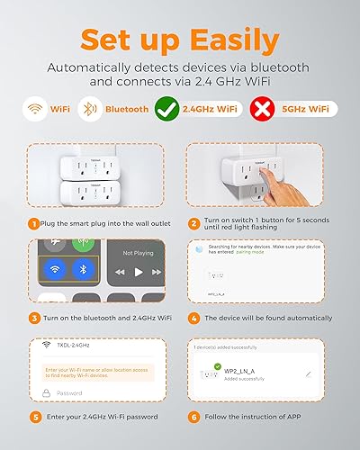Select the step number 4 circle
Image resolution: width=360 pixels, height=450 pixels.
pos(194,317)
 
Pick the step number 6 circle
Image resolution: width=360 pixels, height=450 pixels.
pos(194,417)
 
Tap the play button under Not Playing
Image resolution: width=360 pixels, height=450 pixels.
pos(138,271)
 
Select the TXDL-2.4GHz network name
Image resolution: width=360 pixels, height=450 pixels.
pos(76,346)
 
